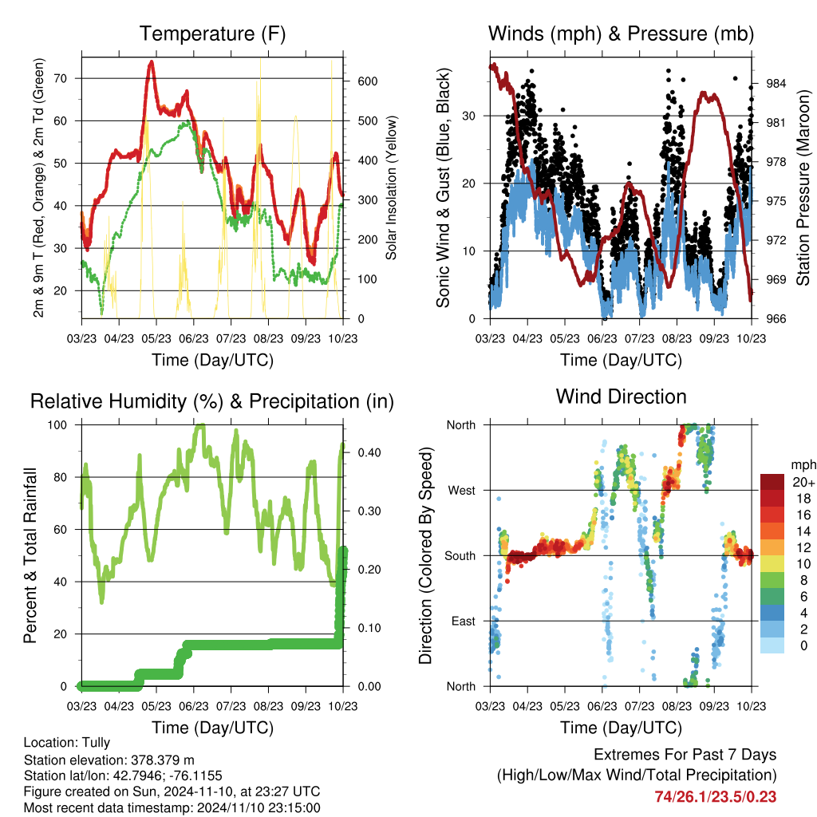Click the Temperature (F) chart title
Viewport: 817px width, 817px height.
[x=212, y=34]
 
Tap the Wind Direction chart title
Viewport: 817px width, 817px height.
[x=621, y=396]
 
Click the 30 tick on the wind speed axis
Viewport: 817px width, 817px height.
[x=469, y=116]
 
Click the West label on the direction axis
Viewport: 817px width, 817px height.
[x=461, y=490]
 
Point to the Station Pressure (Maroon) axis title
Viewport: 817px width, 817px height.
[x=803, y=176]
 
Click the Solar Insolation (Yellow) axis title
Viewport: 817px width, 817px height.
[x=392, y=187]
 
